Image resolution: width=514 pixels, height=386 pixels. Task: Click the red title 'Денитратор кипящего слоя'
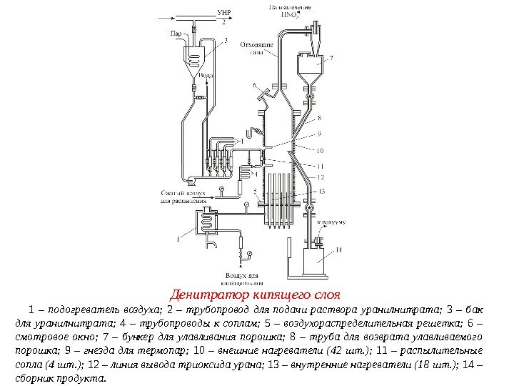[256, 294]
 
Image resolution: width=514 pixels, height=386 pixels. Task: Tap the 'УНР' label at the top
[223, 13]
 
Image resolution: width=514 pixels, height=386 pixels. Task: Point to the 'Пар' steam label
[175, 33]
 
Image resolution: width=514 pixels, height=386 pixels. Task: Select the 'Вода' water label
[206, 74]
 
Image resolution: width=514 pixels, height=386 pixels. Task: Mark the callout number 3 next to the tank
[226, 41]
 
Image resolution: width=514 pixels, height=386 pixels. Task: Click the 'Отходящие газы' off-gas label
[256, 47]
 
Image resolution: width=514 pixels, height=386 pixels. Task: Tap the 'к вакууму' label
[330, 222]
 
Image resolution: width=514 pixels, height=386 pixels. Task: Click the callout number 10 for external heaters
[320, 151]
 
